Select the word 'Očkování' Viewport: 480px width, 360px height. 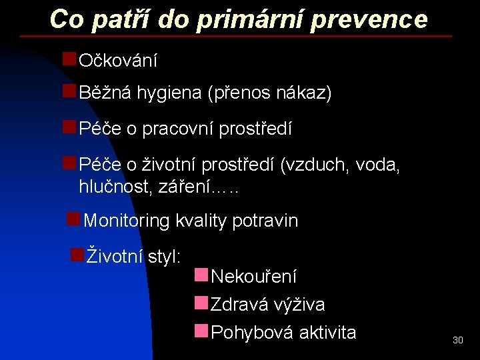click(118, 61)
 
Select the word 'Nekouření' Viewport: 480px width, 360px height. click(253, 276)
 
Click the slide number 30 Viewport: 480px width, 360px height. click(457, 340)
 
